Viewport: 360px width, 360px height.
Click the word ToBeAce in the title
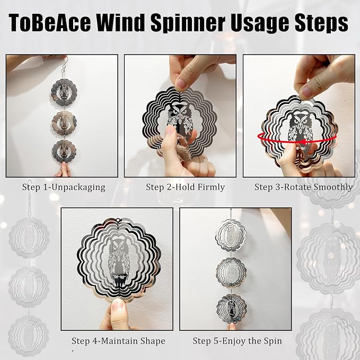click(x=50, y=22)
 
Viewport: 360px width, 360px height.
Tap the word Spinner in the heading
click(x=188, y=22)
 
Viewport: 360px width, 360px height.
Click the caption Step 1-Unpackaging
click(x=64, y=187)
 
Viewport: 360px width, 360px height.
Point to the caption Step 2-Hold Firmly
click(x=185, y=187)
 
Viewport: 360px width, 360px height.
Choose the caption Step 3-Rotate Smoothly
click(x=303, y=187)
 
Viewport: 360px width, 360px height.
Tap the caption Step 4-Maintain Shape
click(x=118, y=341)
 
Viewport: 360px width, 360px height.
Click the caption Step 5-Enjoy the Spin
click(x=237, y=341)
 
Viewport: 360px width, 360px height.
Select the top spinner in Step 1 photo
click(x=64, y=92)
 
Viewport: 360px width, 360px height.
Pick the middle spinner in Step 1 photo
click(x=64, y=124)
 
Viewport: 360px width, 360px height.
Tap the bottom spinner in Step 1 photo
click(x=64, y=151)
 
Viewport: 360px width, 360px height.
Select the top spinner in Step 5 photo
click(x=231, y=235)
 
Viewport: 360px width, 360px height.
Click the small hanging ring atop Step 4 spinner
click(x=119, y=220)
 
